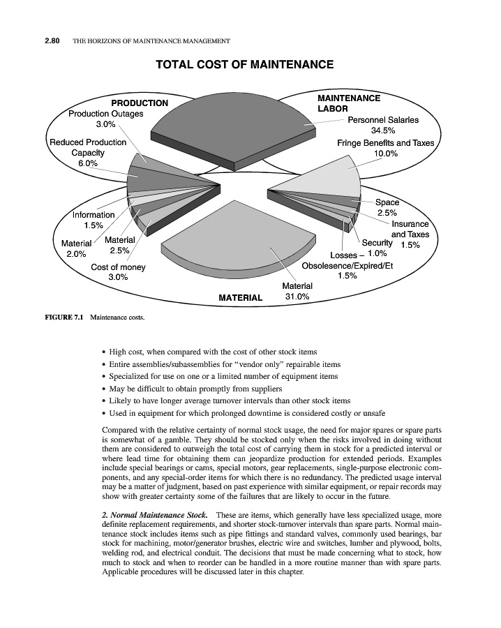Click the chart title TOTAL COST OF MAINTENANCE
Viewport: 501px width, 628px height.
[x=244, y=65]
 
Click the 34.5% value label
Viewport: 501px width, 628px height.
[x=382, y=130]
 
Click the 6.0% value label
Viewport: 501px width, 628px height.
[x=88, y=163]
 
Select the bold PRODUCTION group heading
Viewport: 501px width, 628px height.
[x=140, y=103]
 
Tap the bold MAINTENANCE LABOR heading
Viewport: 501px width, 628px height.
[x=348, y=104]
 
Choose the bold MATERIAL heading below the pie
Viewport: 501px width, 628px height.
[x=241, y=298]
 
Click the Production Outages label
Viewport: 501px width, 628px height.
[x=106, y=114]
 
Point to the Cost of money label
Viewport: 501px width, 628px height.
[x=118, y=267]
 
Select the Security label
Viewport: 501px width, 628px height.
[x=377, y=243]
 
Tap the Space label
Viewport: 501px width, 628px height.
[x=387, y=202]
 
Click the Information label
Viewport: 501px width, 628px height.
[x=94, y=215]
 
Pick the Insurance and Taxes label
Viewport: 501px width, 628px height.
[x=410, y=230]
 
